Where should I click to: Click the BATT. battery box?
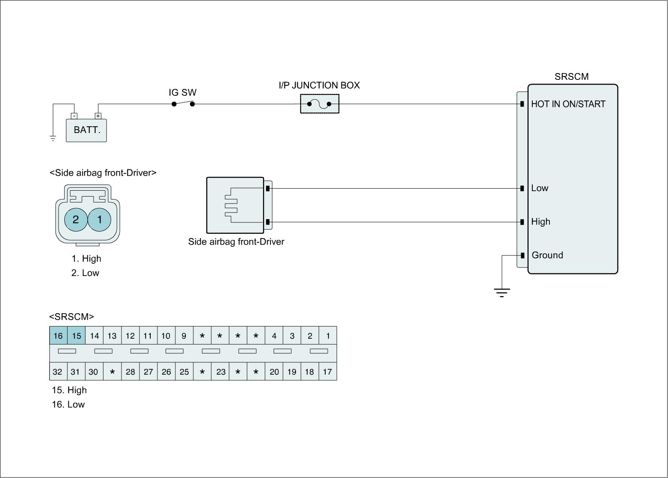click(x=86, y=130)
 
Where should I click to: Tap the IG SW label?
click(x=182, y=92)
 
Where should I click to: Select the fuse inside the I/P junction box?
click(x=319, y=104)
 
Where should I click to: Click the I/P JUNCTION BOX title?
click(x=319, y=85)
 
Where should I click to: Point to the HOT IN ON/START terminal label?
click(x=568, y=104)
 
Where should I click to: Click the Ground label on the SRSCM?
click(x=547, y=255)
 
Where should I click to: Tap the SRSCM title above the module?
click(x=571, y=77)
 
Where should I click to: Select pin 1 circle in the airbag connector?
click(x=100, y=219)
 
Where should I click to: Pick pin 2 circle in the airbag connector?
click(x=76, y=219)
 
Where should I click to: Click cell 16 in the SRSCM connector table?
click(x=58, y=336)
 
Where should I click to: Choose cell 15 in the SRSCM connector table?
click(x=76, y=336)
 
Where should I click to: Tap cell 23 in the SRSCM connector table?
click(x=220, y=372)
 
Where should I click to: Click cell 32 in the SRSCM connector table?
click(x=58, y=372)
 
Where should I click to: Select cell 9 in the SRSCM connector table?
click(x=184, y=336)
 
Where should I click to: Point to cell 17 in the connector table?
click(x=328, y=372)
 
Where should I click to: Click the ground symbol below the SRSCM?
click(x=501, y=292)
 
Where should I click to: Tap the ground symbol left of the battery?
click(x=53, y=138)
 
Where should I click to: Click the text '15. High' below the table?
click(x=69, y=390)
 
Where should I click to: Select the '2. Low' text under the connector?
click(x=85, y=273)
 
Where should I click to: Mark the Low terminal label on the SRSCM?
click(x=539, y=188)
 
